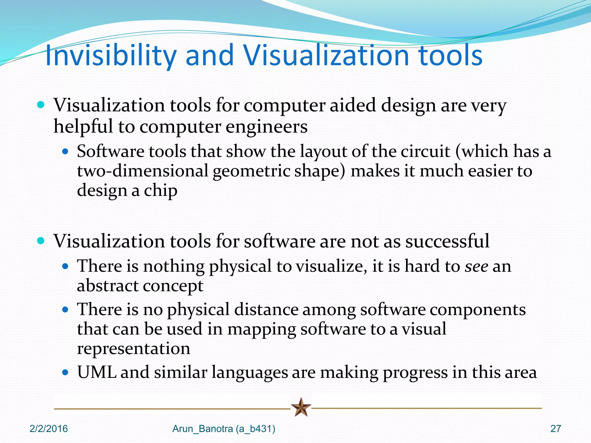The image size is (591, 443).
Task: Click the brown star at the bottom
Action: click(301, 407)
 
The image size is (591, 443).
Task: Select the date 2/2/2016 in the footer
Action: click(48, 429)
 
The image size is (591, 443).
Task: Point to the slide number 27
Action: click(556, 429)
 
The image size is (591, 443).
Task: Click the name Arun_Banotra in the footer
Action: click(203, 429)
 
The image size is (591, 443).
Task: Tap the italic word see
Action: click(476, 266)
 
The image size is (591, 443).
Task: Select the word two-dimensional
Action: click(143, 171)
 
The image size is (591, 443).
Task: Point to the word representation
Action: click(134, 349)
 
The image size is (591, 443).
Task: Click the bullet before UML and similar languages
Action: click(66, 372)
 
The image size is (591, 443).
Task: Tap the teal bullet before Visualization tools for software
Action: click(41, 241)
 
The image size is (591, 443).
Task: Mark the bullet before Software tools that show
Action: click(66, 151)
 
